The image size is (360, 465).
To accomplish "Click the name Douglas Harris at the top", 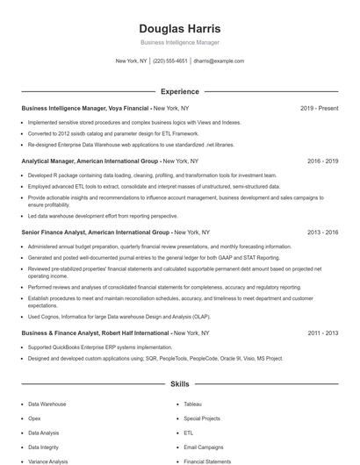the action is (179, 28).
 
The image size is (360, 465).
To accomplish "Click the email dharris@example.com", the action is (219, 61).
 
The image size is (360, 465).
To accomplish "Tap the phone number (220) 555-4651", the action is (170, 61).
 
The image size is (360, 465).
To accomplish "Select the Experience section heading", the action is (179, 91).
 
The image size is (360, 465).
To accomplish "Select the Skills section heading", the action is (179, 384).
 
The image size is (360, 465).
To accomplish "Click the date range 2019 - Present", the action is (319, 108).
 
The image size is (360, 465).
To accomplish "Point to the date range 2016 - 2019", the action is (322, 161).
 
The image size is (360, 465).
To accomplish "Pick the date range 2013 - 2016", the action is (322, 232).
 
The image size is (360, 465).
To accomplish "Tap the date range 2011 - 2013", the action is (322, 333).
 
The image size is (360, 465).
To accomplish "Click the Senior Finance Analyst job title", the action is (96, 232).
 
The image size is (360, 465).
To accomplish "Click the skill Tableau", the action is (193, 404).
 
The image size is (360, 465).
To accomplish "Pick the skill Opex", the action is (34, 418).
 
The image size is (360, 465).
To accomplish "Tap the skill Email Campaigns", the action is (204, 447).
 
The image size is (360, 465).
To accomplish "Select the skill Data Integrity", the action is (44, 447).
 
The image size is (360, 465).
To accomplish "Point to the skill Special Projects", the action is (203, 418).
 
